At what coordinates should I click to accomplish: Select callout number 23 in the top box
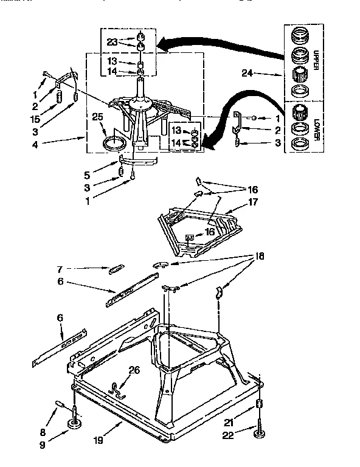pos(111,41)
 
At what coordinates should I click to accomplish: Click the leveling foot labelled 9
pos(74,423)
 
